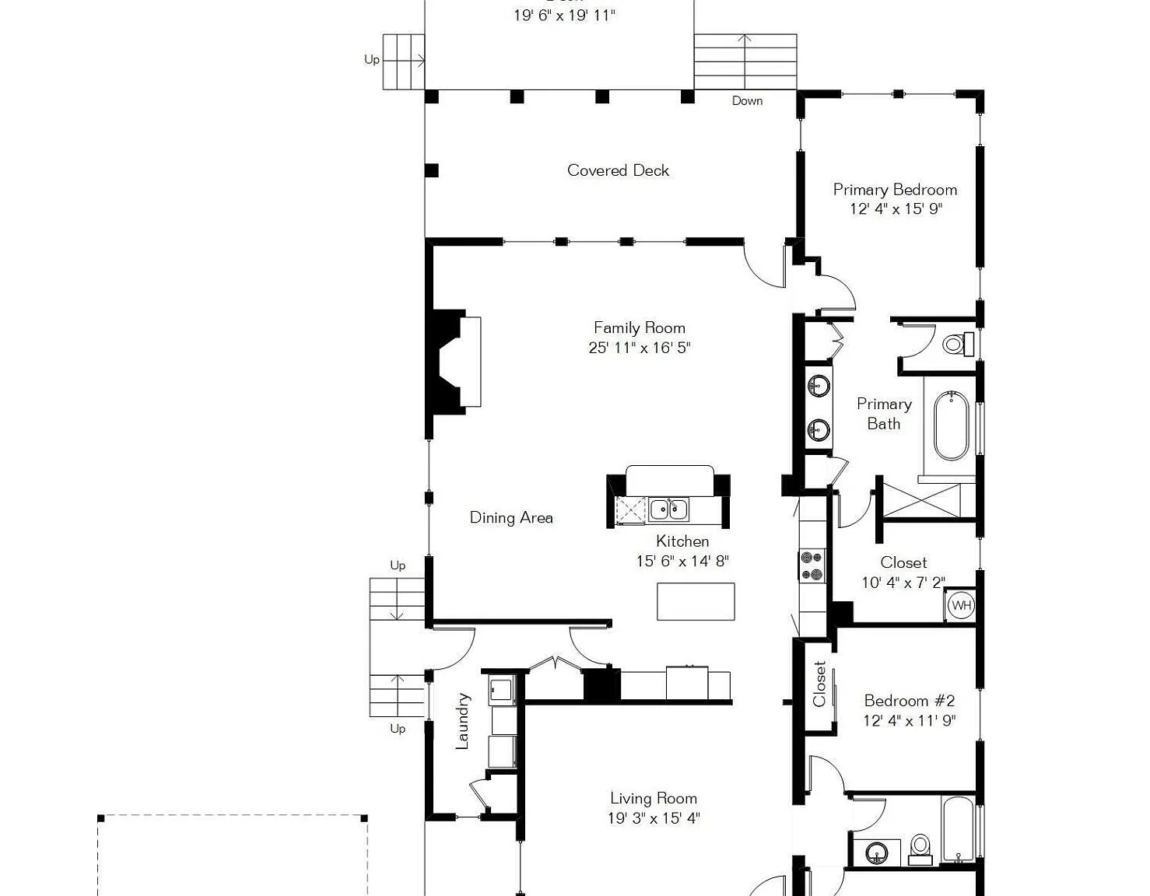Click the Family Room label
(640, 328)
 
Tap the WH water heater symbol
(961, 604)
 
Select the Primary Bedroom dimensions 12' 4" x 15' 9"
(896, 209)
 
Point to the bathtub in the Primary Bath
(952, 425)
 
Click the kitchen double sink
(669, 510)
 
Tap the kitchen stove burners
(812, 566)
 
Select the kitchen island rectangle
(696, 601)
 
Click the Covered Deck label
(618, 170)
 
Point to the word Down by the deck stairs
(747, 100)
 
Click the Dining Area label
(511, 517)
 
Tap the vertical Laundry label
(462, 721)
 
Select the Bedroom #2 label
(910, 701)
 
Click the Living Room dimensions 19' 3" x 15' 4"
(654, 818)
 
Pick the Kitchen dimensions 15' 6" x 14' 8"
(682, 561)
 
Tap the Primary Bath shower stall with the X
(922, 500)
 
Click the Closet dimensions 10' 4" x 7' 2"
(903, 583)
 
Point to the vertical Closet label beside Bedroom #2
(819, 684)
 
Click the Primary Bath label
(884, 414)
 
